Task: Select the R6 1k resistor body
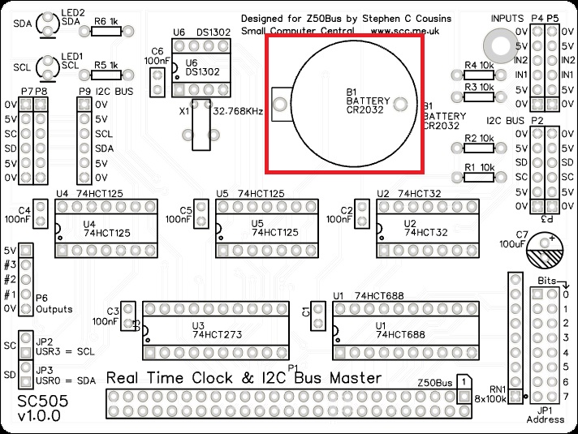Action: [x=106, y=31]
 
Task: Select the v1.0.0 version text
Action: [x=38, y=418]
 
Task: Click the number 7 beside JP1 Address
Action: [x=567, y=396]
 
